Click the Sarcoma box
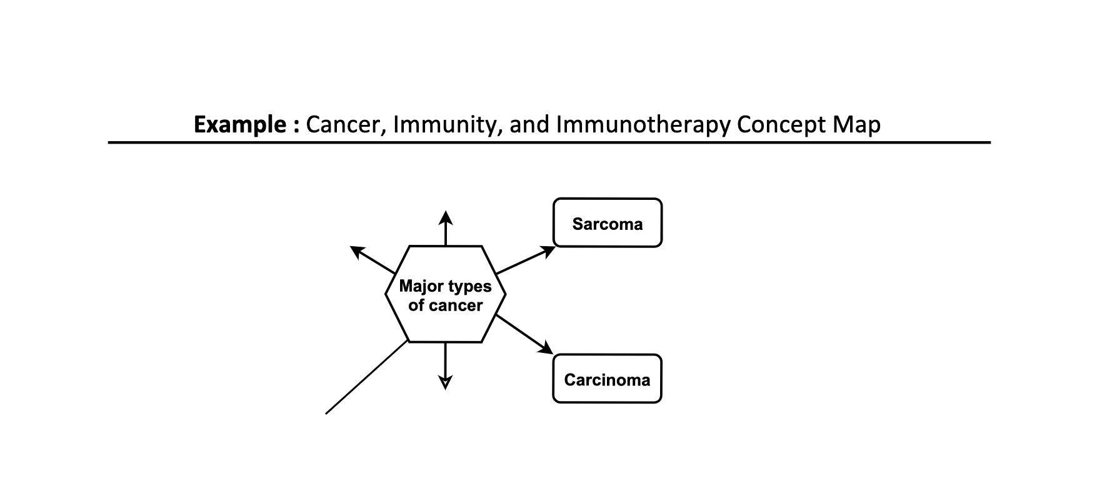click(607, 224)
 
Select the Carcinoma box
click(607, 379)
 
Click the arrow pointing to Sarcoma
click(525, 260)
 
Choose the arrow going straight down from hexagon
click(445, 365)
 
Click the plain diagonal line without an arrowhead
click(366, 378)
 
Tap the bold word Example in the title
click(240, 125)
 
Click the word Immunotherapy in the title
click(643, 125)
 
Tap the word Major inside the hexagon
click(421, 287)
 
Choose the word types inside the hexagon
click(469, 287)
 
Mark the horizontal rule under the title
click(549, 143)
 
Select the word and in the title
click(529, 125)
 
